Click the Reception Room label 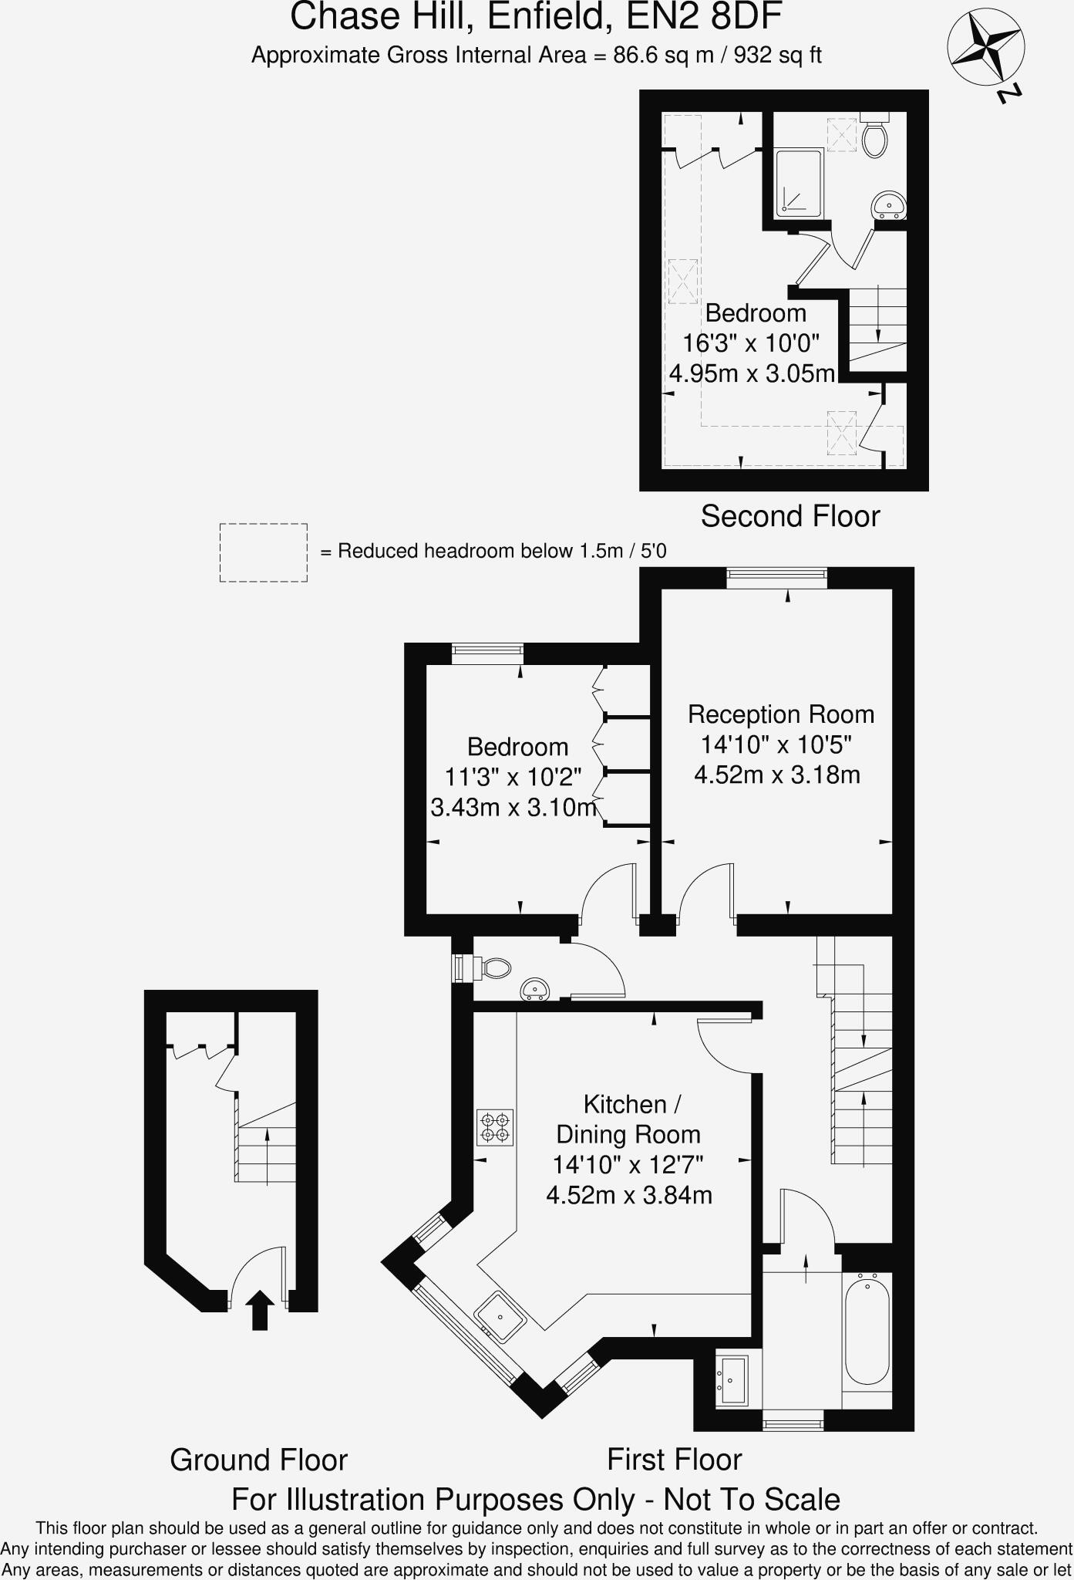tap(781, 714)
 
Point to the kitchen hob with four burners tap(494, 1126)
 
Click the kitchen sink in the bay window tap(500, 1316)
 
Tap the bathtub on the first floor tap(867, 1328)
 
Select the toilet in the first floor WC tap(493, 967)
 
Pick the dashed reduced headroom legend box tap(264, 552)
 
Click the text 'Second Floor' tap(790, 516)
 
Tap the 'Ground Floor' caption tap(258, 1460)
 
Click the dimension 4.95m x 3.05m tap(752, 373)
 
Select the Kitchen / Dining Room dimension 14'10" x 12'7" tap(628, 1164)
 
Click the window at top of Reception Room tap(776, 577)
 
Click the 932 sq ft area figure tap(777, 56)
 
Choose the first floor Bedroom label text tap(517, 747)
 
